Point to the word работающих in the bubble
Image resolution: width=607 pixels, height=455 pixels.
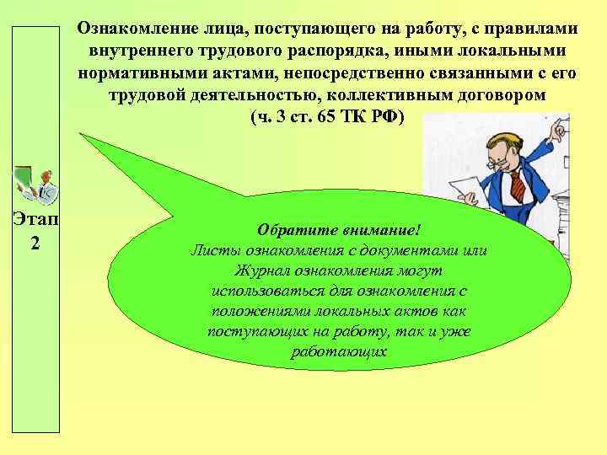[x=338, y=351]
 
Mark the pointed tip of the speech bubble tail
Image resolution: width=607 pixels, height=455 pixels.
[x=81, y=133]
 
